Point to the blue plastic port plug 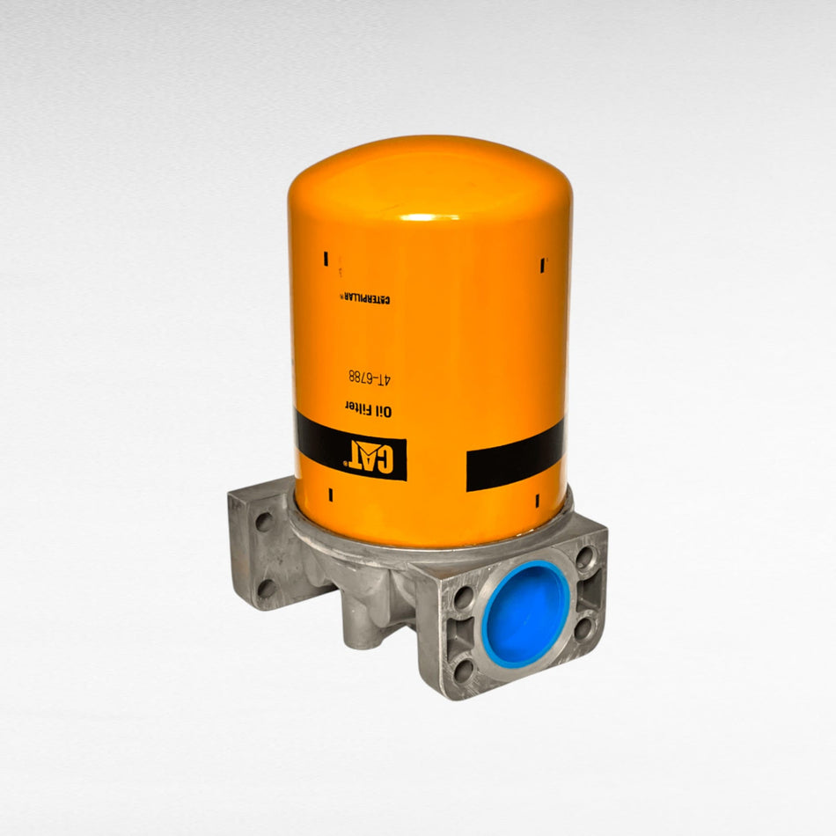tap(526, 613)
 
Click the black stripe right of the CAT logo tap(514, 455)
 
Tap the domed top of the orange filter tap(429, 176)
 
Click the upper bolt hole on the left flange tap(263, 522)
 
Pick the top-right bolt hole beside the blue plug tap(584, 557)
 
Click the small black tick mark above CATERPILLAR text tap(326, 259)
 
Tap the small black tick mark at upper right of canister tap(541, 263)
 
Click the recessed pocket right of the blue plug tap(591, 592)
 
